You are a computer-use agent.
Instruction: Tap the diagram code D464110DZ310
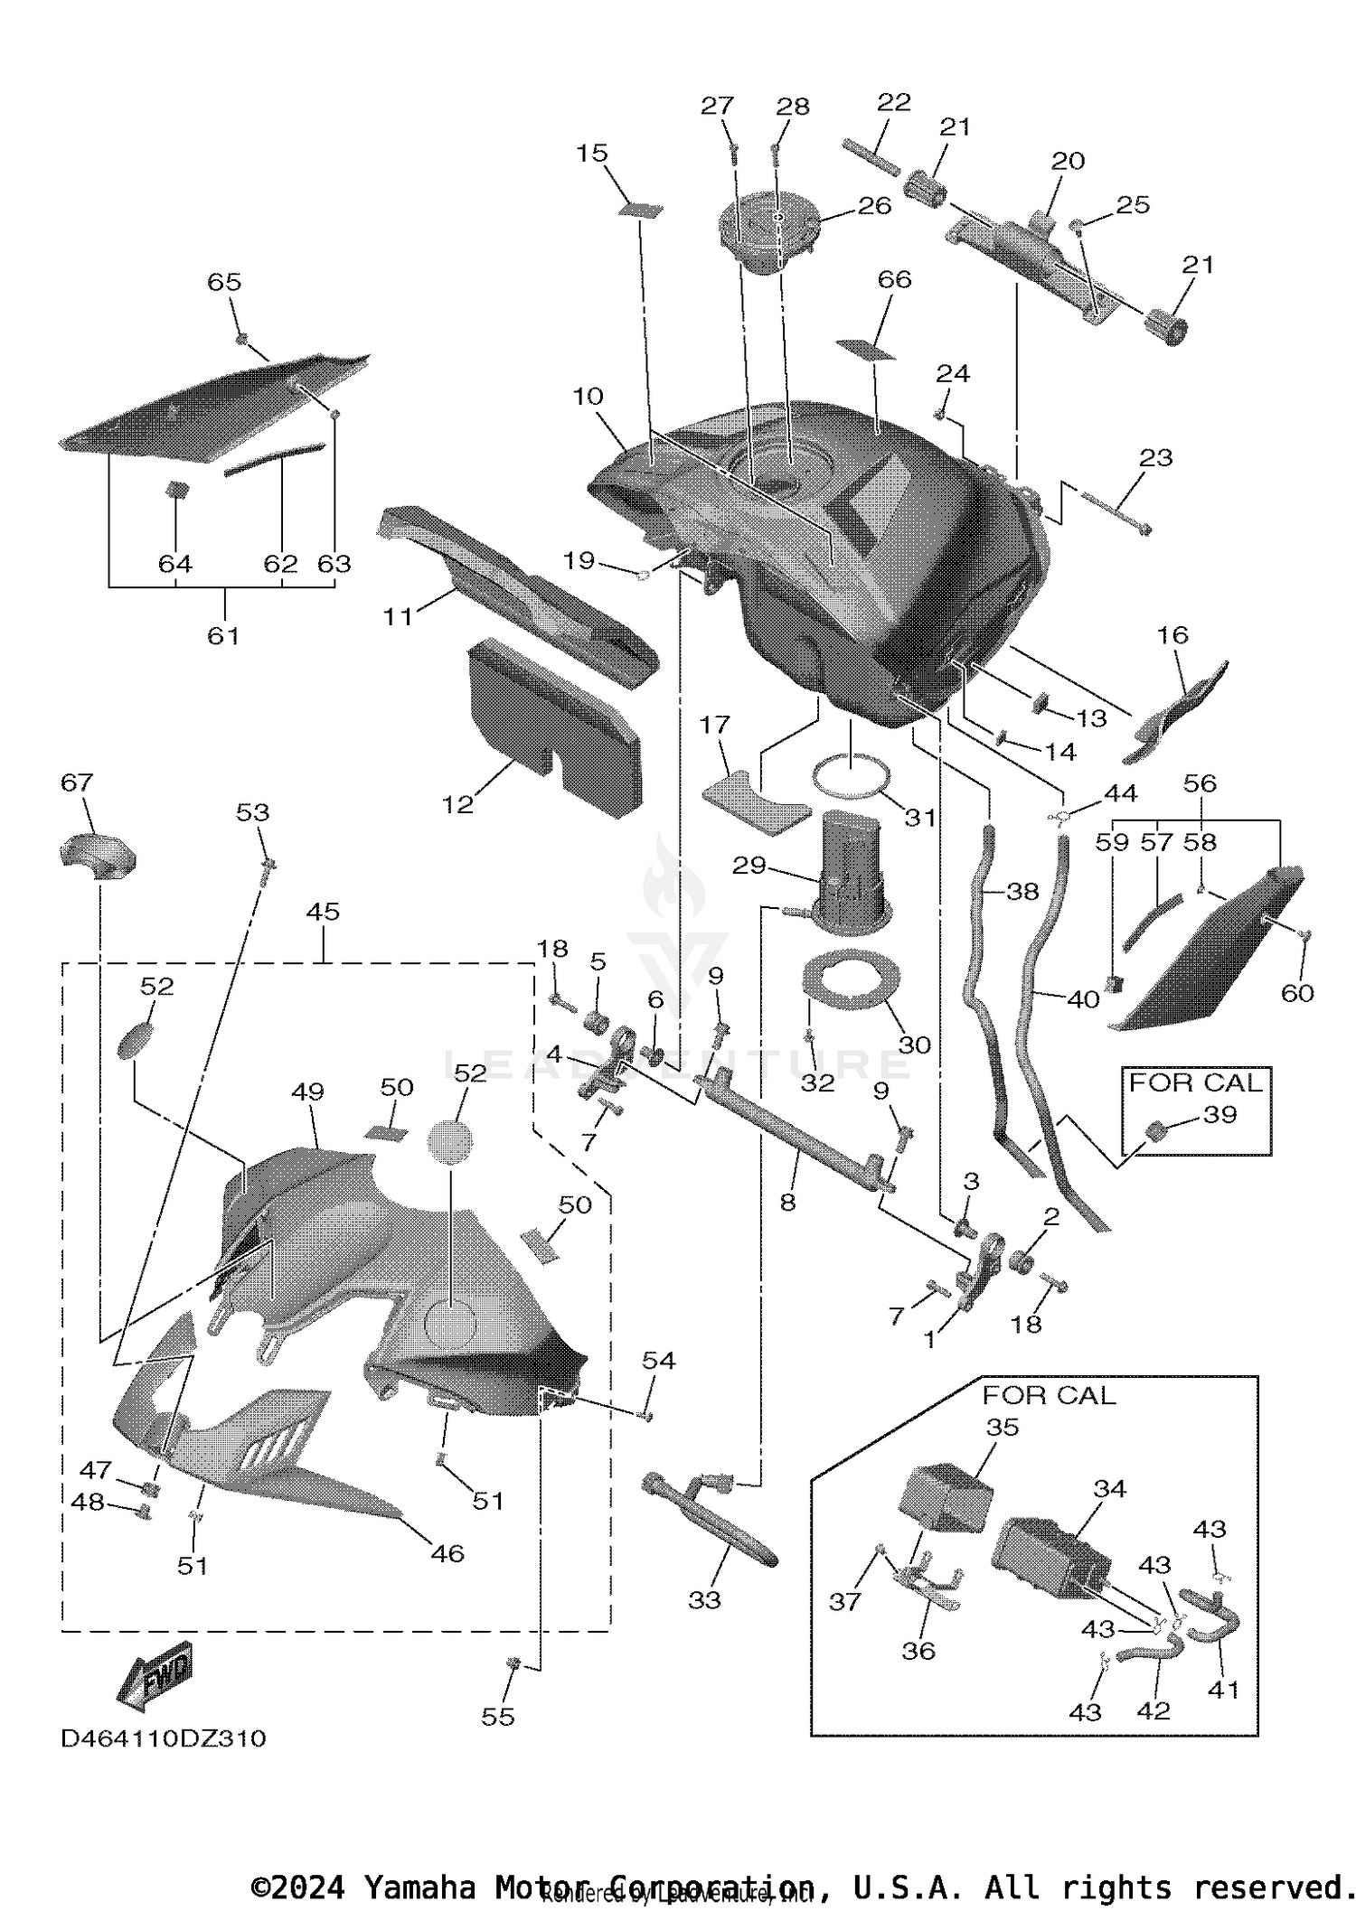164,1738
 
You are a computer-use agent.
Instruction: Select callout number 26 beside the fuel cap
873,206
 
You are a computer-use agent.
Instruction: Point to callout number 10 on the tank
588,397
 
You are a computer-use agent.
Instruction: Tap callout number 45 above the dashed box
323,912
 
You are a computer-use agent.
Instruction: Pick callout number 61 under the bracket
223,636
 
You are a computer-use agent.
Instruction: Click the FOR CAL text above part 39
1194,1082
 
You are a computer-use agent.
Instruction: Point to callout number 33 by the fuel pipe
704,1599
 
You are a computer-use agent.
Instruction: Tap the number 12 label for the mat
457,804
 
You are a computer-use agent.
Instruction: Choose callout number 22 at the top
893,102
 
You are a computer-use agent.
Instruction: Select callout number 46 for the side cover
447,1553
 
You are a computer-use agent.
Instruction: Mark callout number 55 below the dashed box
498,1716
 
